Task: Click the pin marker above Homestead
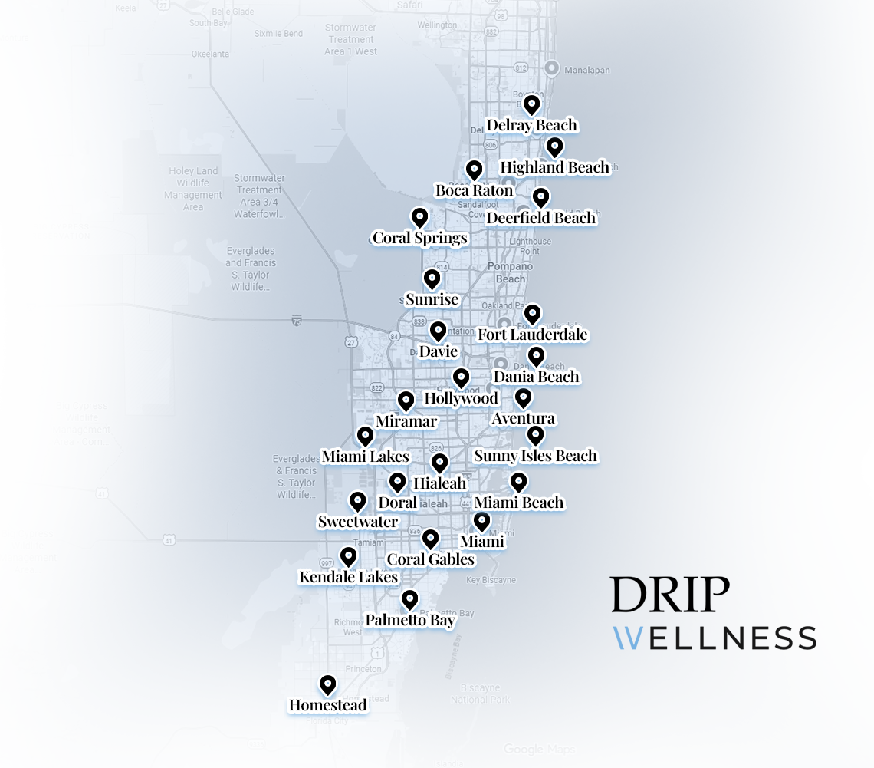click(x=328, y=684)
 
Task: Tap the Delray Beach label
click(x=531, y=125)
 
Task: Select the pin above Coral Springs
click(x=419, y=217)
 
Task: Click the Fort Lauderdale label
click(x=532, y=335)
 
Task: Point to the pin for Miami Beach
click(x=519, y=482)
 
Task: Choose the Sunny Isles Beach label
click(x=535, y=456)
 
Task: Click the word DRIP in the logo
click(x=670, y=594)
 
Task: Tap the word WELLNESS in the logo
click(x=714, y=638)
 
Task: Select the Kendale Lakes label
click(x=348, y=577)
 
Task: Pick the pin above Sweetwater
click(x=357, y=501)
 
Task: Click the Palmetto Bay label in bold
click(x=410, y=620)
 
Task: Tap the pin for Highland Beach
click(x=554, y=147)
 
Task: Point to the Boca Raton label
click(x=474, y=190)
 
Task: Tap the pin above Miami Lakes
click(x=366, y=436)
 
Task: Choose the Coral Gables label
click(x=430, y=559)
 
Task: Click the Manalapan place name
click(x=586, y=70)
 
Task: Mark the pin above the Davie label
click(x=438, y=331)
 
